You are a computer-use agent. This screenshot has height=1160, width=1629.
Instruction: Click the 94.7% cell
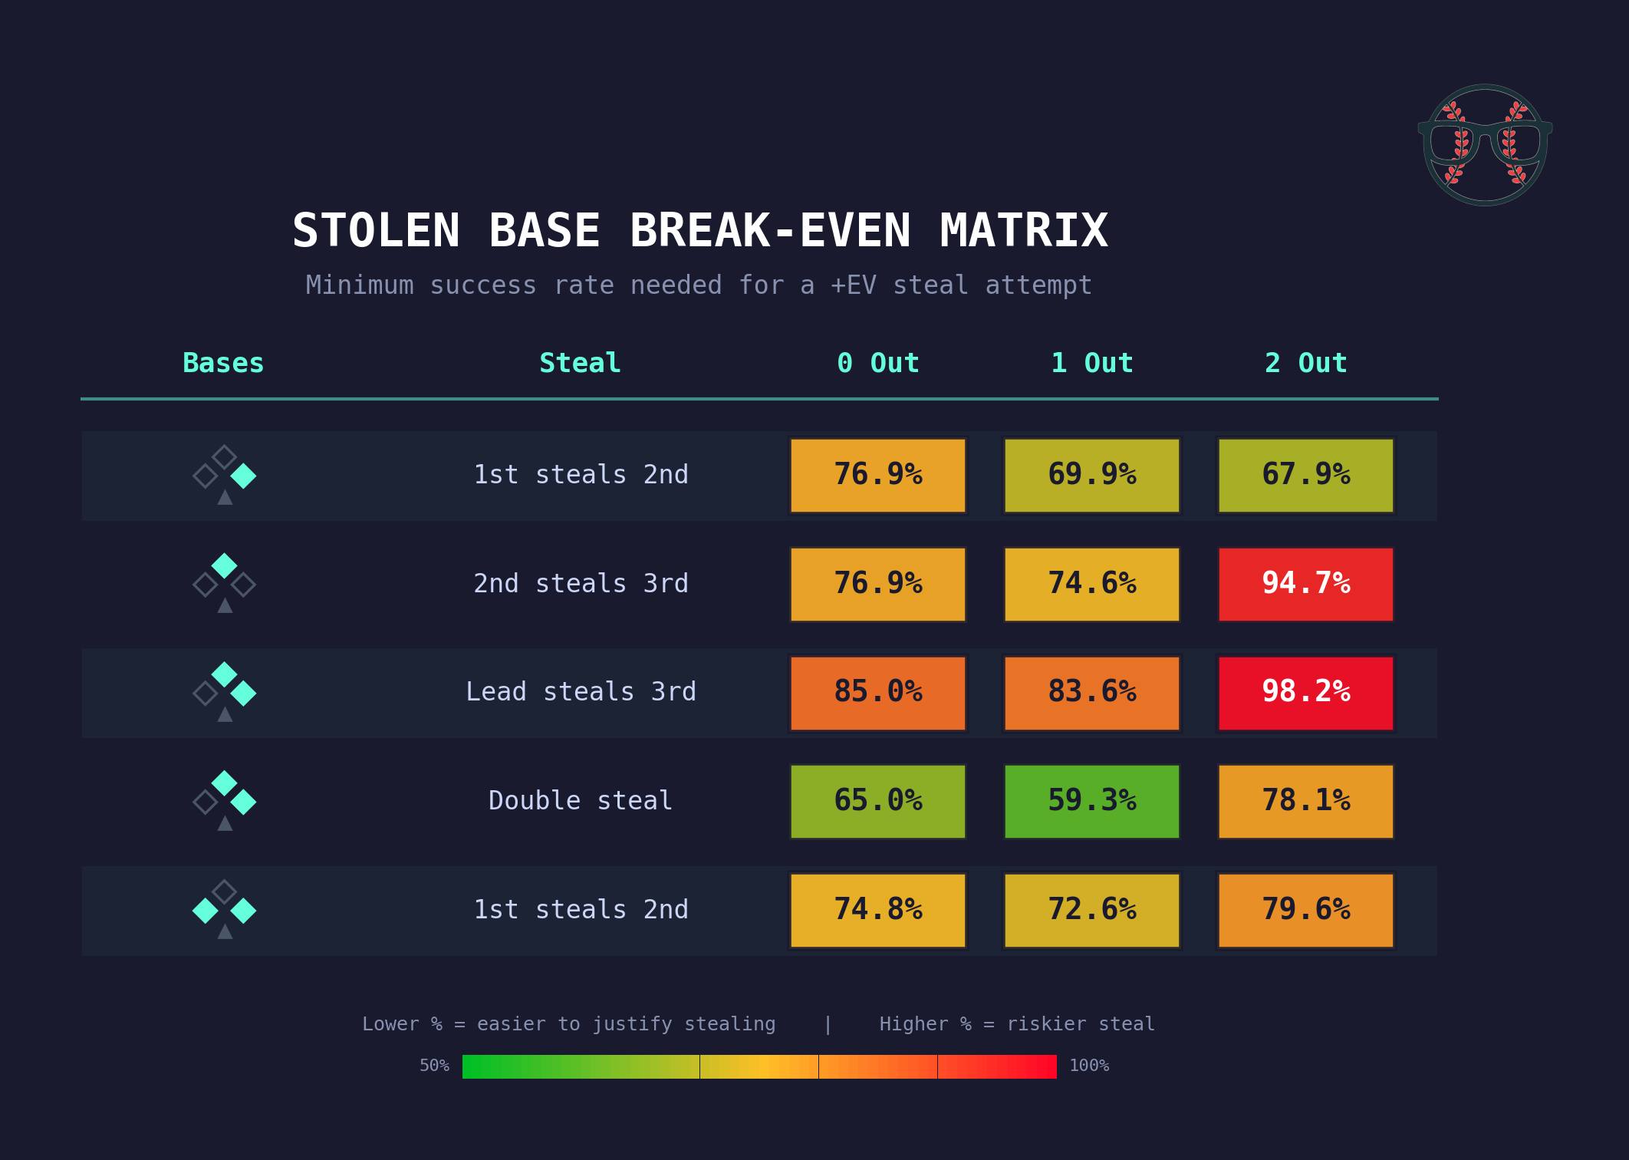1305,584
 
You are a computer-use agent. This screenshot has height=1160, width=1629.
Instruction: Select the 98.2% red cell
1305,692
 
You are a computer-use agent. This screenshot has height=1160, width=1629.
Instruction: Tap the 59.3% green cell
1091,801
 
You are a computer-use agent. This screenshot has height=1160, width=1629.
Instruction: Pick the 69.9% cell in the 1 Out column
1091,475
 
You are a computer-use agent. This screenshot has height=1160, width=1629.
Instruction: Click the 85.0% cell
877,692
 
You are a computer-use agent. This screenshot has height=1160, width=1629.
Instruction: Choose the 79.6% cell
1305,910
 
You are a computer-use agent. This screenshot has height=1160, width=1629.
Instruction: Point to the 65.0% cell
877,801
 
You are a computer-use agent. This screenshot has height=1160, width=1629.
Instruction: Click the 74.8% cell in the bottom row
877,910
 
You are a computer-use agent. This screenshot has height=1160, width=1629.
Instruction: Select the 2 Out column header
1305,363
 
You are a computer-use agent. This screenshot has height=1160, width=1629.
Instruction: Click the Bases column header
223,363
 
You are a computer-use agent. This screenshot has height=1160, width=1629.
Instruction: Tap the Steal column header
580,363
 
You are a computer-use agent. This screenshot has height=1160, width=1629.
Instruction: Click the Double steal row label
581,801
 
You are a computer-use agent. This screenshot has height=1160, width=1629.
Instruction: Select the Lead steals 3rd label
581,692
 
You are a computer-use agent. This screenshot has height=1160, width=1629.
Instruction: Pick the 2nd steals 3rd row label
581,584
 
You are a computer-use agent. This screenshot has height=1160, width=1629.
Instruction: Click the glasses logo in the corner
1485,144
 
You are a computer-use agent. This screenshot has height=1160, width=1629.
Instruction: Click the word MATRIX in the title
1024,230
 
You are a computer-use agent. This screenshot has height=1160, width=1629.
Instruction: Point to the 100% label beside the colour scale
1089,1066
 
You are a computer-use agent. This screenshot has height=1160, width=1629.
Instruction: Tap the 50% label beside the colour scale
434,1066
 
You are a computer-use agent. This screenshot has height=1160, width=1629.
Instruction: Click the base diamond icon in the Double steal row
224,799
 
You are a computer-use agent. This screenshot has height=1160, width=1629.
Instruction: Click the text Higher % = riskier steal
1016,1024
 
